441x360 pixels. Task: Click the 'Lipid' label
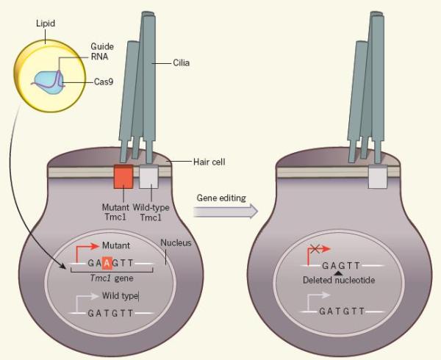click(x=46, y=24)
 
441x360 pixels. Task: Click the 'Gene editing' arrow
click(x=227, y=212)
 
